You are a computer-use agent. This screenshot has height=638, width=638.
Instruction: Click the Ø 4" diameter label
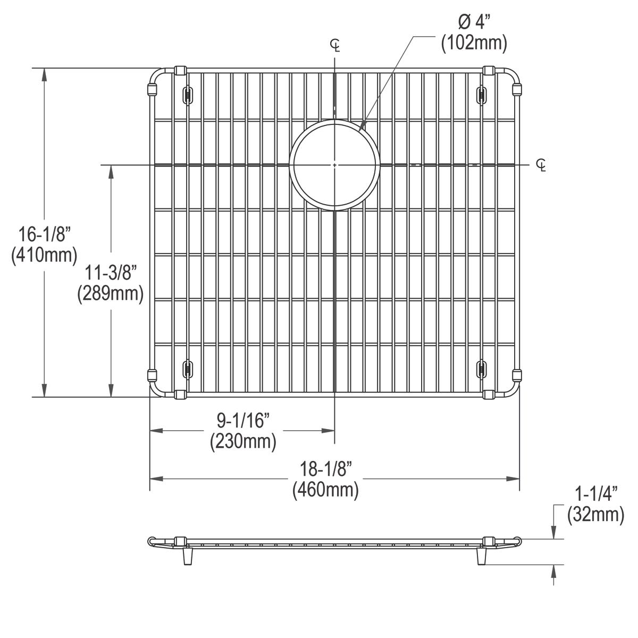coord(473,23)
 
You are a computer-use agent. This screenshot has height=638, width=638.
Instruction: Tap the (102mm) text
coord(473,43)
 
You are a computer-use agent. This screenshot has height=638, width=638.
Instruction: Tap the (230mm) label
coord(243,441)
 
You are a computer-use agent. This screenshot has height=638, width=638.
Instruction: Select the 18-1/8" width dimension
coord(325,469)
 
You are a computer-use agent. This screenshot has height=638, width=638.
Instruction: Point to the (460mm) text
coord(325,489)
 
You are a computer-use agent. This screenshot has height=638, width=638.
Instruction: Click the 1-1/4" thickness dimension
coord(595,494)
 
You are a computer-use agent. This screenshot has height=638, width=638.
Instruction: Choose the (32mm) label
coord(595,514)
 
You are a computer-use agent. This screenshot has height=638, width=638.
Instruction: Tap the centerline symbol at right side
coord(541,165)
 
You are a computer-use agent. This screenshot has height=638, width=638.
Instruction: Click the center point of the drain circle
coord(334,165)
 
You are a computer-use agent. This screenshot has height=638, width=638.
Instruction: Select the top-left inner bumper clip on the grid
coord(187,95)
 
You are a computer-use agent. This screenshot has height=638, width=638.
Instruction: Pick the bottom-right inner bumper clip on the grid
coord(482,368)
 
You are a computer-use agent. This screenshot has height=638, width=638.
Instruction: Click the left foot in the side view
coord(187,557)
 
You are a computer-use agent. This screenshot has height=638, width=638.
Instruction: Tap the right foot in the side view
coord(482,557)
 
